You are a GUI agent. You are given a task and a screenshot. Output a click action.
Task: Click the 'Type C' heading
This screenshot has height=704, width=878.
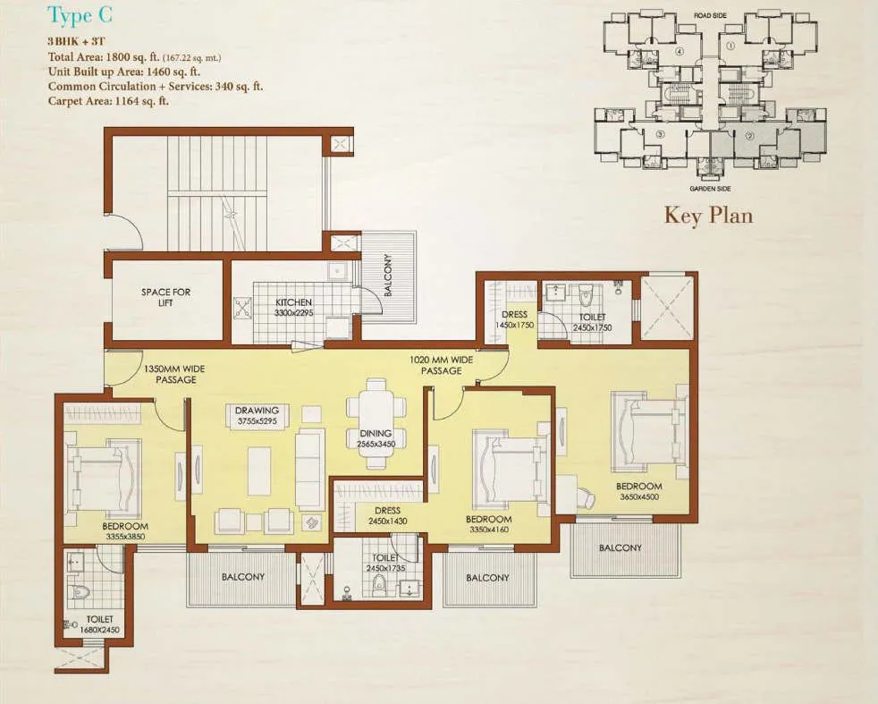tap(80, 15)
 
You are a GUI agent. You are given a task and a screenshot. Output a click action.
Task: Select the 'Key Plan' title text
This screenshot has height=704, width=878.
tap(708, 216)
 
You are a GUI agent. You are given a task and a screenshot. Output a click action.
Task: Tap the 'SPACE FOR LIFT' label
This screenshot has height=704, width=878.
tap(166, 298)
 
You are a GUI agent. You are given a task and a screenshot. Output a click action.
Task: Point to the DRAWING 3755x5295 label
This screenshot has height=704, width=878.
tap(257, 417)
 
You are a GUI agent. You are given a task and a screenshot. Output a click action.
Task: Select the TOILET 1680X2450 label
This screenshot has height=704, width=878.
tap(100, 624)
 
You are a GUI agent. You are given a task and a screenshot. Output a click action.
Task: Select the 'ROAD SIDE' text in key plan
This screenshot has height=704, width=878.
tap(711, 15)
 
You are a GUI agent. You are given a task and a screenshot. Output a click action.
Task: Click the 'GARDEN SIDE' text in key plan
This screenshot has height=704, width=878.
tap(711, 189)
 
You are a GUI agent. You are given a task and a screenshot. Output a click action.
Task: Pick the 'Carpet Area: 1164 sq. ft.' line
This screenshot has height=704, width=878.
tap(108, 101)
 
